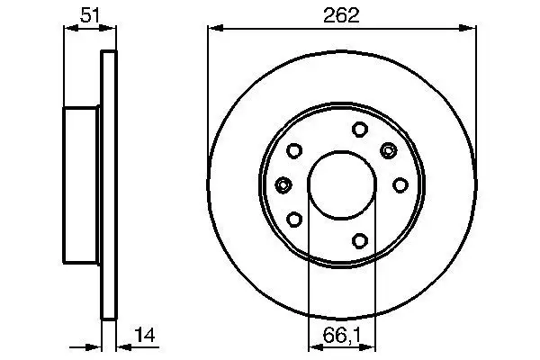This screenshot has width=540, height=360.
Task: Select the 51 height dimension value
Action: (x=90, y=14)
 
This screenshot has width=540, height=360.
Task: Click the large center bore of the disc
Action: (x=343, y=184)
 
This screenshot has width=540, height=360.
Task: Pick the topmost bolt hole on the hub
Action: (x=358, y=128)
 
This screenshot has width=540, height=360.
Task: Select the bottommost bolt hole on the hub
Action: (x=358, y=239)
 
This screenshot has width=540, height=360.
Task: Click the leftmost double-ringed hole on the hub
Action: (x=283, y=184)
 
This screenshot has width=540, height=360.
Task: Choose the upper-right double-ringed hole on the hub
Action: (x=389, y=149)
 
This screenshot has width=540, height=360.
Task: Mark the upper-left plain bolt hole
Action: (x=294, y=151)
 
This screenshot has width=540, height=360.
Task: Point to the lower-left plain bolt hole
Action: (x=294, y=218)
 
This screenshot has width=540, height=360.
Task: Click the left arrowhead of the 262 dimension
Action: (x=213, y=28)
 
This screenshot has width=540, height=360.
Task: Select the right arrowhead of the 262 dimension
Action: (x=472, y=28)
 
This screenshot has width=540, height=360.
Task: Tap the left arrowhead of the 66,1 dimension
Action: (x=314, y=346)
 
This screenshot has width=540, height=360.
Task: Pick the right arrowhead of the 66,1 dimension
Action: (x=371, y=346)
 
